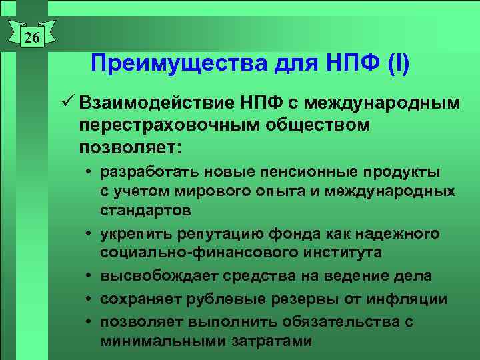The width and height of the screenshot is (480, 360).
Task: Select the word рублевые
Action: click(x=218, y=299)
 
